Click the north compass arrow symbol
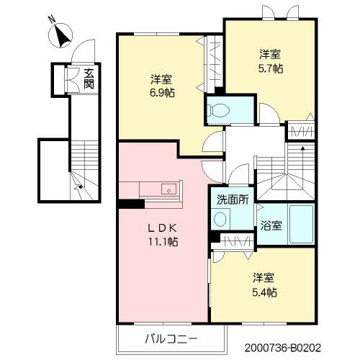61,33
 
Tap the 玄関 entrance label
88,77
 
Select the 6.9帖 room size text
162,92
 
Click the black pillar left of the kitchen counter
128,202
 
